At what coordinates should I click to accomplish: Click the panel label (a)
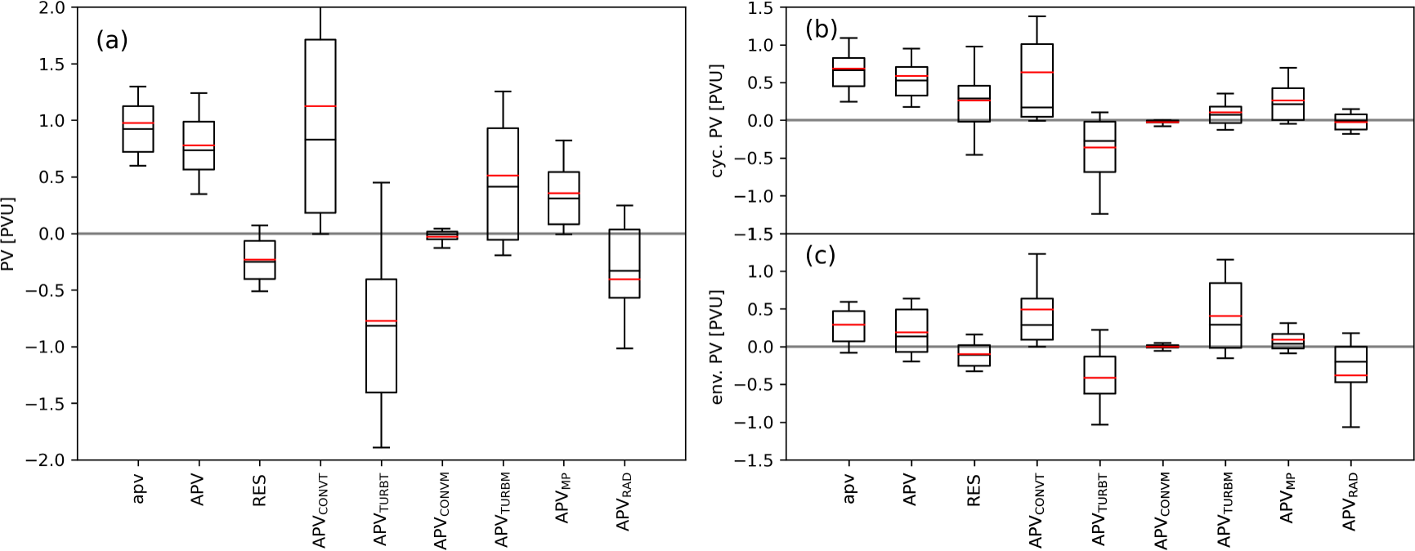coord(112,40)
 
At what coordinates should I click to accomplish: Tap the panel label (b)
coord(821,29)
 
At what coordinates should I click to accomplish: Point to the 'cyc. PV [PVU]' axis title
coord(719,121)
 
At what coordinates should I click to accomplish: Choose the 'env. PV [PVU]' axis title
coord(719,347)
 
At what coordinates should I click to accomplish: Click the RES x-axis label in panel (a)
coord(259,491)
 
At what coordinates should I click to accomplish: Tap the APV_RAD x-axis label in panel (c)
coord(1350,501)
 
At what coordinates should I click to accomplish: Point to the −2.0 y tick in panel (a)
coord(51,460)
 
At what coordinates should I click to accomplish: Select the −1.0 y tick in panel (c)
coord(759,423)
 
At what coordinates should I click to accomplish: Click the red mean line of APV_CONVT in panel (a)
coord(320,106)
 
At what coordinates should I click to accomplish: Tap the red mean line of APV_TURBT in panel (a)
coord(381,321)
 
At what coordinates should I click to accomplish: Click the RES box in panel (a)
coord(259,260)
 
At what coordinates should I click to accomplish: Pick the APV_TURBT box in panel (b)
coord(1099,146)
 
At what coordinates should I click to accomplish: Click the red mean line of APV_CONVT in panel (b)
coord(1037,73)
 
